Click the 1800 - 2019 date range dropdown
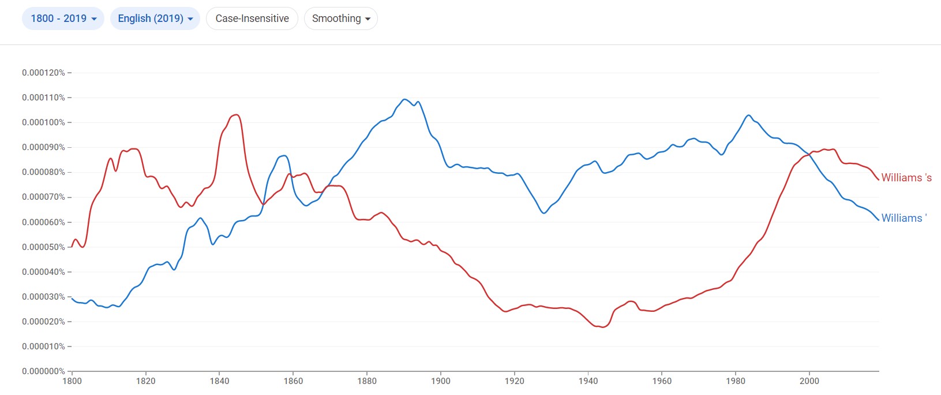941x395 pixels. (x=63, y=18)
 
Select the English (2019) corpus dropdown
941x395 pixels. (x=155, y=18)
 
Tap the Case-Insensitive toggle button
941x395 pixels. (x=252, y=18)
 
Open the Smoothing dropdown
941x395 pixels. (x=340, y=18)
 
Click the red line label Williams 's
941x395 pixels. (x=906, y=178)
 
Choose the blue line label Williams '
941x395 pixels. (x=903, y=218)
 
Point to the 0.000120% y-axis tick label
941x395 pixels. (x=43, y=73)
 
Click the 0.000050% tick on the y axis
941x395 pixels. (x=43, y=247)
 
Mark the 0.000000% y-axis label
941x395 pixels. (x=43, y=371)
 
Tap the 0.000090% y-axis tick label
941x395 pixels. (x=43, y=147)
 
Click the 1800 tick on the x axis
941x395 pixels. (x=72, y=381)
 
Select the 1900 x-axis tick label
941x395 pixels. (x=441, y=381)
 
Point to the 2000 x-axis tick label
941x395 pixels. (x=809, y=381)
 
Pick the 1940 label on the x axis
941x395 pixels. (x=588, y=381)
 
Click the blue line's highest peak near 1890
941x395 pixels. (x=404, y=99)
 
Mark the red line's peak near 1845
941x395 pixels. (x=235, y=115)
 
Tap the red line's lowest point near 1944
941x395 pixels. (x=603, y=327)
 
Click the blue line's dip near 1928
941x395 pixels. (x=543, y=213)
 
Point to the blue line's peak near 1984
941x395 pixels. (x=748, y=115)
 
